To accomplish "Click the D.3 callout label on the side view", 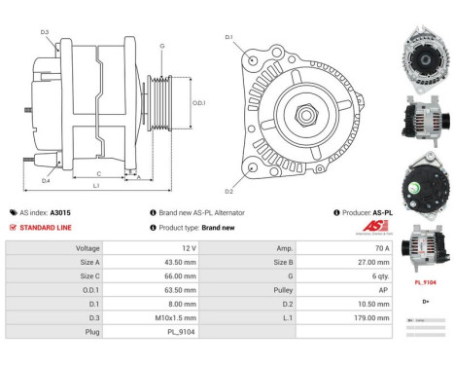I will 45,33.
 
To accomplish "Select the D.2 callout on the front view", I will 229,191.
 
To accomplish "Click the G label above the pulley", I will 161,46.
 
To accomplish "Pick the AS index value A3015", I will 60,212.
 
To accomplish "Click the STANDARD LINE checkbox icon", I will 12,227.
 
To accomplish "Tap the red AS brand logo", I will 357,228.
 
